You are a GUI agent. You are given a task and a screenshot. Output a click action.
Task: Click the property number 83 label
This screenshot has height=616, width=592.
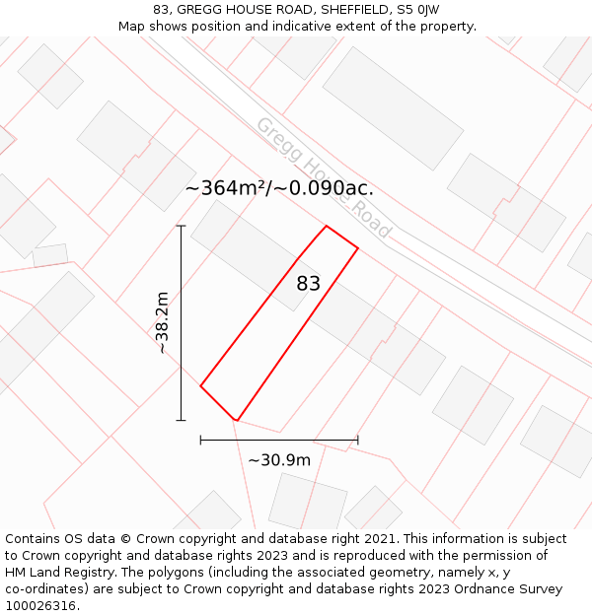click(309, 284)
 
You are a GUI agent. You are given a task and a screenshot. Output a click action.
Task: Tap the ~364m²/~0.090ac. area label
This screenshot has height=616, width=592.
click(279, 188)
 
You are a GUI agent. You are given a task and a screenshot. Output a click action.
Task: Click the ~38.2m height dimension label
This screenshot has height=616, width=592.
click(163, 322)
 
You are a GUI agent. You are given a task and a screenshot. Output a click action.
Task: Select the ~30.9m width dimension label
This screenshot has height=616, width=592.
click(279, 460)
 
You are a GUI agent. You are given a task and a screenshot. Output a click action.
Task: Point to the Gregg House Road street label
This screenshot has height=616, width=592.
click(324, 177)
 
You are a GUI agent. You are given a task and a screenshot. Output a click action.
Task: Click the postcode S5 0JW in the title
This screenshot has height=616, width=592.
click(416, 10)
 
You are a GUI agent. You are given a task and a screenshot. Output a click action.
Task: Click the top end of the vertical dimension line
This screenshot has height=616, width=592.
click(181, 226)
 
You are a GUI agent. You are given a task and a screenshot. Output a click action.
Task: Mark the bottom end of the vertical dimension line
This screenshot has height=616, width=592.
click(181, 421)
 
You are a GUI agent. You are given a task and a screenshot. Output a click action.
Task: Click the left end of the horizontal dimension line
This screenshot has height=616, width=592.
click(200, 440)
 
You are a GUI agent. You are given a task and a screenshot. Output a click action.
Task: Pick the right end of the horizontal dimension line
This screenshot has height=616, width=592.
click(358, 440)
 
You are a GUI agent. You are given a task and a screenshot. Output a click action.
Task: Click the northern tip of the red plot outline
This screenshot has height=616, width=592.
click(326, 226)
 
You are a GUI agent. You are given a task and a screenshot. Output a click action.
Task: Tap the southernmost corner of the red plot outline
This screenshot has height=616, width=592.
click(236, 421)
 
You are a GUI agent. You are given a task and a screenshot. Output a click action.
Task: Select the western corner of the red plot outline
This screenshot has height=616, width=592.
click(200, 385)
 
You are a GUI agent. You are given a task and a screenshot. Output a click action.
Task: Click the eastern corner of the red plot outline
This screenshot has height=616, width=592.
click(358, 248)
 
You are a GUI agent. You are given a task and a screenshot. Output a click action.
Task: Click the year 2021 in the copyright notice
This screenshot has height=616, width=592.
click(379, 539)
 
